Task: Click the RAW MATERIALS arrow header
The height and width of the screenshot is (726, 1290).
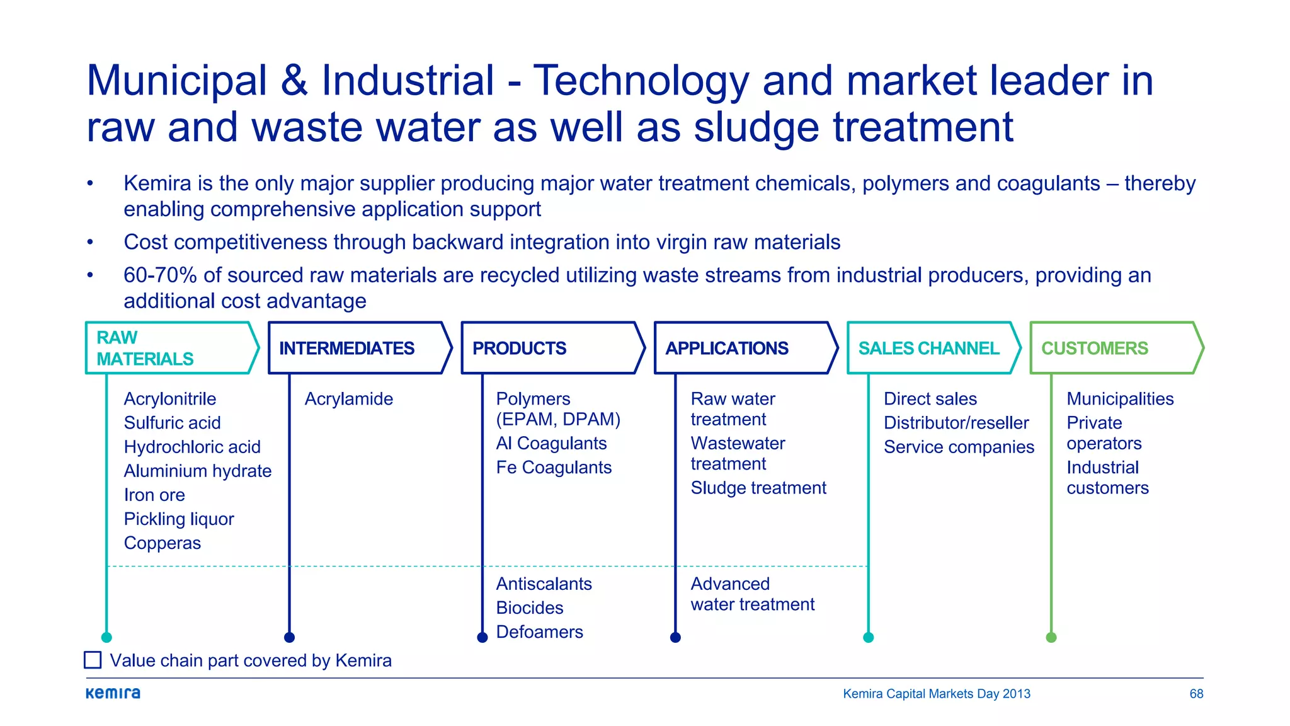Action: click(x=170, y=348)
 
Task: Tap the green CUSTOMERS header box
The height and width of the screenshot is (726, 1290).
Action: click(x=1115, y=348)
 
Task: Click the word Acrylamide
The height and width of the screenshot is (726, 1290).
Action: click(x=348, y=399)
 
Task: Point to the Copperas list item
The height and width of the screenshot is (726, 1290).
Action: click(x=162, y=543)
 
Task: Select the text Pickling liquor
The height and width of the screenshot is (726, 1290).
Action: click(x=179, y=519)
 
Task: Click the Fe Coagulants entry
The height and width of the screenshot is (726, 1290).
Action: click(x=554, y=468)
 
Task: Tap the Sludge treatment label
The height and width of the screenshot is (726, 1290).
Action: click(x=758, y=488)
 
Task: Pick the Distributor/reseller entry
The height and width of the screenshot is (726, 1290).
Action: click(x=956, y=423)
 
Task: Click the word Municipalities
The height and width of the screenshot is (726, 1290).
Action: click(x=1120, y=399)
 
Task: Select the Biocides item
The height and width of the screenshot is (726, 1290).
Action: click(x=529, y=608)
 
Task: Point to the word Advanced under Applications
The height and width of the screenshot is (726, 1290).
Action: click(x=730, y=584)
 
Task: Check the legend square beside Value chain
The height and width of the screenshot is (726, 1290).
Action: click(x=93, y=660)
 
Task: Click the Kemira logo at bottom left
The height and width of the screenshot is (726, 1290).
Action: click(x=113, y=693)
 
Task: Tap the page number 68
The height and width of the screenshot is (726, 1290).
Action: click(x=1196, y=694)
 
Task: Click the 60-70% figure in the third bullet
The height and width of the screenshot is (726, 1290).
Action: click(x=160, y=275)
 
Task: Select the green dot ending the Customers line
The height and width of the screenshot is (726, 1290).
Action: click(x=1051, y=637)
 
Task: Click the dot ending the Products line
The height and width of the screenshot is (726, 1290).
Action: click(x=482, y=637)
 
